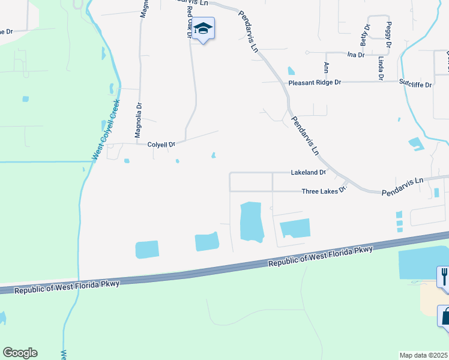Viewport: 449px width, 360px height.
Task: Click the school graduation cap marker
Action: coord(204,29)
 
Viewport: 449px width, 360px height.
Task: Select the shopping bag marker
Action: coord(445,316)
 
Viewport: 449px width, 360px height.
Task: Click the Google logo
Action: coord(20,353)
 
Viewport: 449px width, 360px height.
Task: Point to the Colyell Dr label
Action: coord(161,145)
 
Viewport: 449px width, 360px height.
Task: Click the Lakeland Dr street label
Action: coord(308,172)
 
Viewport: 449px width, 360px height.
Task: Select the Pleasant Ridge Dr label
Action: coord(315,83)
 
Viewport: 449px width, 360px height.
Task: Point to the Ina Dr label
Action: coord(356,55)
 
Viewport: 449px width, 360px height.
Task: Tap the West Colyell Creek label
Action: coord(106,130)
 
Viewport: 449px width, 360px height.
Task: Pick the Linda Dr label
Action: coord(381,68)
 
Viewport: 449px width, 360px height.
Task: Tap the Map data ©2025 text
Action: coord(424,355)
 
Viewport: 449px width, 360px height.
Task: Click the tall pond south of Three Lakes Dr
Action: coord(252,221)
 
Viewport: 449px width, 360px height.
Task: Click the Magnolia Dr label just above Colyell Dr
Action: coord(139,119)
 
